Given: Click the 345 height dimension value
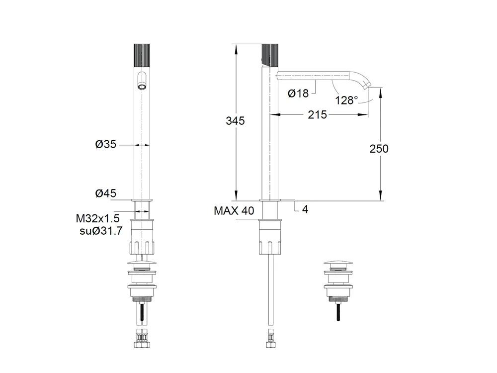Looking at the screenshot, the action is (235, 121).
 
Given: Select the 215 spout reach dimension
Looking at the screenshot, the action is (317, 114).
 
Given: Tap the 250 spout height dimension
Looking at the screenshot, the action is (379, 148).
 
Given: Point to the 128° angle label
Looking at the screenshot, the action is (346, 100).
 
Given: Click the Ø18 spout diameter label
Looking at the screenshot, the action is (298, 93).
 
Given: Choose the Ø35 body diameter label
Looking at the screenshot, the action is (106, 144).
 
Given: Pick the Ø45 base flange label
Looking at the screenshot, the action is (106, 193).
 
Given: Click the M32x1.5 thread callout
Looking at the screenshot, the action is (97, 218).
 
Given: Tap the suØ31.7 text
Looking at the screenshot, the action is (101, 231).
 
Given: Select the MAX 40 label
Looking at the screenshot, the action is (234, 210).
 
